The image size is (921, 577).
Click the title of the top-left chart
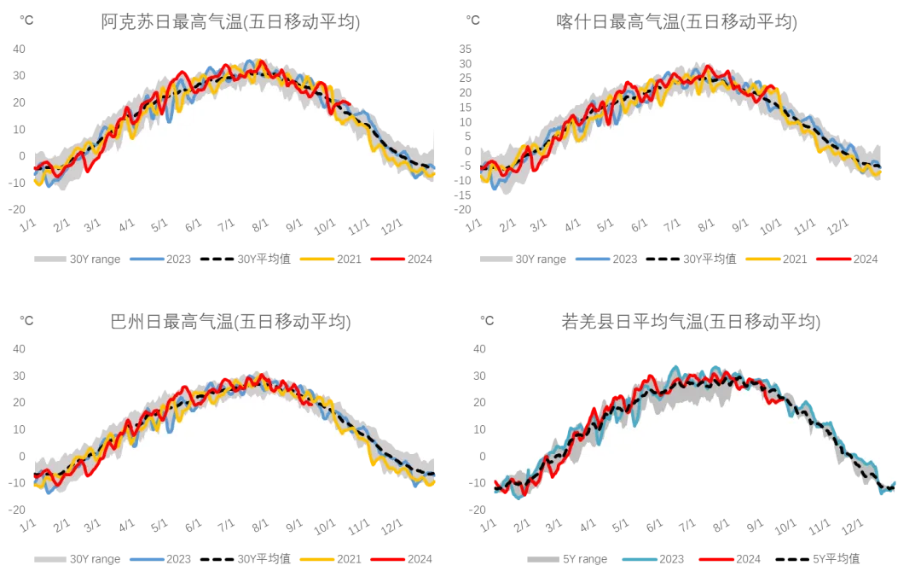coord(228,20)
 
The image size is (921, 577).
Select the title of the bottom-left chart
coord(231,322)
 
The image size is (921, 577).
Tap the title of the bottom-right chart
coord(692,322)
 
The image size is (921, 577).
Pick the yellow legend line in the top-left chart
coord(313,259)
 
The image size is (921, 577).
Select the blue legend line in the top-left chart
coord(143,259)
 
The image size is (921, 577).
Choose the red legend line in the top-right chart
coord(834,259)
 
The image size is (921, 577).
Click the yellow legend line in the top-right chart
coord(762,259)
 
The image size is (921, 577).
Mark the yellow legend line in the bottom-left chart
coord(313,560)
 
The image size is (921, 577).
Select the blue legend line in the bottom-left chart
coord(143,560)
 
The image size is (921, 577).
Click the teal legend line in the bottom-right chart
coord(640,560)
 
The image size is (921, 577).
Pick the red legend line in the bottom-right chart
coord(715,560)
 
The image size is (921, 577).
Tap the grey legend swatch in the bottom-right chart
coord(542,560)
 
